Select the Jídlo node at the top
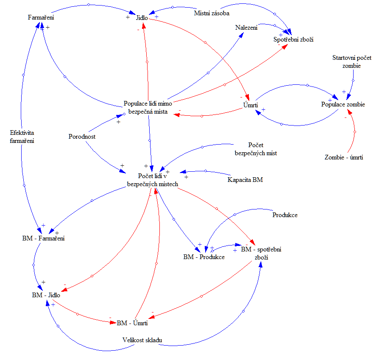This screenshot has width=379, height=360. pyautogui.click(x=142, y=18)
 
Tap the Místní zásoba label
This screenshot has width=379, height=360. pyautogui.click(x=212, y=13)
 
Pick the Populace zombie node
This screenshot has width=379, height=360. pyautogui.click(x=343, y=104)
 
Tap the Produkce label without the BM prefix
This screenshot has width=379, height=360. pyautogui.click(x=284, y=215)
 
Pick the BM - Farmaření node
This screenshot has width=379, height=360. pyautogui.click(x=43, y=239)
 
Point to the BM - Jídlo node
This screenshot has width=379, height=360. pyautogui.click(x=46, y=295)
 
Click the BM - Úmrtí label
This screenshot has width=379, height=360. pyautogui.click(x=132, y=323)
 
